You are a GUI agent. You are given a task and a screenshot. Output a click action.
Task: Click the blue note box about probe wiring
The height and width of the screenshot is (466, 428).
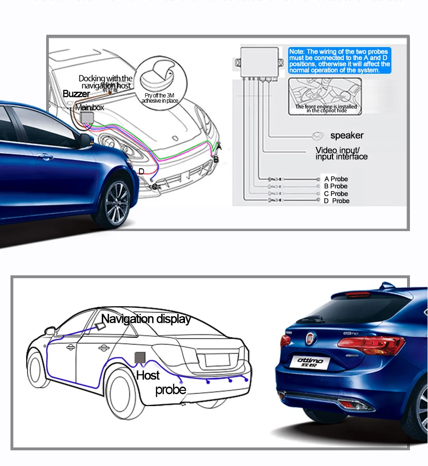(340, 60)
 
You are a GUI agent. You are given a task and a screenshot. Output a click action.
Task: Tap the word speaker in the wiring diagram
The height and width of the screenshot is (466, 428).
(347, 136)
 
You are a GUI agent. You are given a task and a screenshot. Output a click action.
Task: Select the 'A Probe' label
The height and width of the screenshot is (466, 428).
(336, 179)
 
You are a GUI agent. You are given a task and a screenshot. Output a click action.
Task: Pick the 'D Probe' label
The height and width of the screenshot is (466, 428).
(337, 201)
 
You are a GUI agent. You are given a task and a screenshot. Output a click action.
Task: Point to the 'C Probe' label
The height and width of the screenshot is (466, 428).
(336, 194)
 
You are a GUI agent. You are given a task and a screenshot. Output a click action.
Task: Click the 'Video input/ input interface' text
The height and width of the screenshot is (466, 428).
(341, 154)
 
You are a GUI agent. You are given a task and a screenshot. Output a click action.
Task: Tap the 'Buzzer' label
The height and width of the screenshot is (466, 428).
(76, 94)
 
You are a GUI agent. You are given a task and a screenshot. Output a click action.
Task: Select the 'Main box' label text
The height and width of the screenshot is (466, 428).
(89, 108)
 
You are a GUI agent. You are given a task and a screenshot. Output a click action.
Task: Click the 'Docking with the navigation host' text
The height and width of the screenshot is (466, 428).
(106, 82)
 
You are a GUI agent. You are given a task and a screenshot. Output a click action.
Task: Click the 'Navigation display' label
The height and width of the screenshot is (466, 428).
(146, 319)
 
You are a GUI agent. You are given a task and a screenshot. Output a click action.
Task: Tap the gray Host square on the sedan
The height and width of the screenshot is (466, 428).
(140, 357)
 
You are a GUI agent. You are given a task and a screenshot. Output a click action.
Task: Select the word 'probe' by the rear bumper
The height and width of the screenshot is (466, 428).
(171, 390)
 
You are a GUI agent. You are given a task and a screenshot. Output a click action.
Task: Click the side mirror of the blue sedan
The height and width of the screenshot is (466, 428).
(85, 140)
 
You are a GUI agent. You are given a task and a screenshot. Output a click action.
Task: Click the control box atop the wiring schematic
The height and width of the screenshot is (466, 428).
(260, 60)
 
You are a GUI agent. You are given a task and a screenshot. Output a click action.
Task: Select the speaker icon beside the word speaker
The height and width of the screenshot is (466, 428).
(318, 136)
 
